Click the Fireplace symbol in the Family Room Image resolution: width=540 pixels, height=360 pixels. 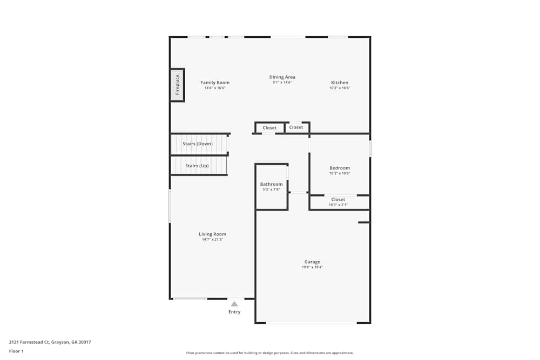click(177, 85)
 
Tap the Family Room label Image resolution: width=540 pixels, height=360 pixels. click(215, 83)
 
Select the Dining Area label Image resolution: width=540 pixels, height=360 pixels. click(282, 77)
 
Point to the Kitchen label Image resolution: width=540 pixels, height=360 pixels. click(340, 83)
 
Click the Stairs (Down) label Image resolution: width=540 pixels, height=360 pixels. click(198, 144)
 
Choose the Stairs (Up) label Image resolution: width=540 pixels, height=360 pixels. click(197, 166)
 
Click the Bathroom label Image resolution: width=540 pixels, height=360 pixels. click(271, 184)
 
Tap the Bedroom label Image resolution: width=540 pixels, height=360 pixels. click(340, 168)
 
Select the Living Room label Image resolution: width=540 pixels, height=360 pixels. click(212, 234)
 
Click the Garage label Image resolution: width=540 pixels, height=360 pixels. click(312, 262)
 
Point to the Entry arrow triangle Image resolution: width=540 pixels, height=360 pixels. click(234, 304)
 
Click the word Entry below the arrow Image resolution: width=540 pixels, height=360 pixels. click(234, 312)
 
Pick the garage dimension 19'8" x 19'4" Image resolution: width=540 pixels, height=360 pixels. click(312, 267)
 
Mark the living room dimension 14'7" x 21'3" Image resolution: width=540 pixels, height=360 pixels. click(212, 240)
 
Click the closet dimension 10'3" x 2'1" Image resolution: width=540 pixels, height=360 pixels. click(338, 205)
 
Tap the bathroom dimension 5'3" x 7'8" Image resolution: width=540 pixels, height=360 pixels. click(271, 189)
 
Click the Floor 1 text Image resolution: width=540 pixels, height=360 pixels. click(16, 351)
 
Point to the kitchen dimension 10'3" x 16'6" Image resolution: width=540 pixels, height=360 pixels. click(340, 88)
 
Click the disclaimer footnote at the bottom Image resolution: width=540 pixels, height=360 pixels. click(270, 353)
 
